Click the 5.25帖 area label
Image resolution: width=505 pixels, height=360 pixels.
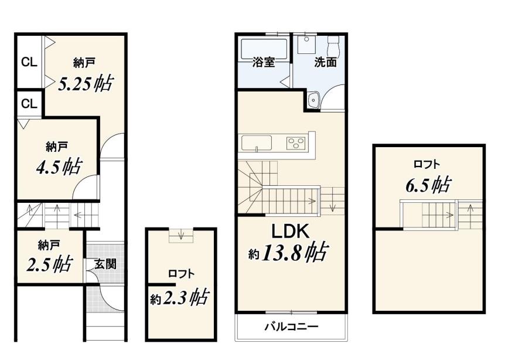point(86,83)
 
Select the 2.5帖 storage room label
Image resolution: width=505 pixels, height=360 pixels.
point(49,264)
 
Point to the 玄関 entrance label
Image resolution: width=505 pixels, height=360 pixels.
point(105,264)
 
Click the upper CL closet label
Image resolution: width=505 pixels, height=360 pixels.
point(29,62)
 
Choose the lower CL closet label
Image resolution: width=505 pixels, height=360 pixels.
point(29,104)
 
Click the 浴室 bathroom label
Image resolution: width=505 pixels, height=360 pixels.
point(264,62)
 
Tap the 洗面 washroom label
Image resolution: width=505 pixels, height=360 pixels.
point(326,62)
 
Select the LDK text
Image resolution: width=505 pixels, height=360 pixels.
point(291,231)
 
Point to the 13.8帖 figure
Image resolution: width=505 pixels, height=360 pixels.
point(295,252)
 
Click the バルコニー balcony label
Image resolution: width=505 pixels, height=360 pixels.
point(292,327)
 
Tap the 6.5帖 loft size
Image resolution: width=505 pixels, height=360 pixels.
point(428,185)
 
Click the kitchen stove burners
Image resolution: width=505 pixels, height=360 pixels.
point(296,142)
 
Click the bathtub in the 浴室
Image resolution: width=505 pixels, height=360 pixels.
point(264,49)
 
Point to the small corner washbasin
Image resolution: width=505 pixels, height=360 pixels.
point(313,100)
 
